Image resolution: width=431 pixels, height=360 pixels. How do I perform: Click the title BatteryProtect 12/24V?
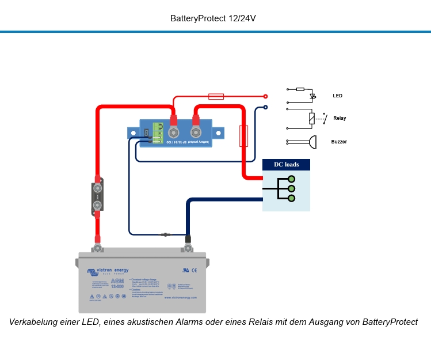tap(213, 18)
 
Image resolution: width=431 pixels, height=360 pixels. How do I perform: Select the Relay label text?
tap(340, 118)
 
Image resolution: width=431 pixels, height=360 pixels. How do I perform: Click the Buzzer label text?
tap(339, 142)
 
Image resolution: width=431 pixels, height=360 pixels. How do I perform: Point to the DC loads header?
tap(286, 165)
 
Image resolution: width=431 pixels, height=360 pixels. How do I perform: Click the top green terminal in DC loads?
tap(292, 179)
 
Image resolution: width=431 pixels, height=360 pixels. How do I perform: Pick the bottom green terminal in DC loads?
tap(292, 198)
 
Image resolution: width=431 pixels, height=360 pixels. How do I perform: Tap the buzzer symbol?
tap(311, 141)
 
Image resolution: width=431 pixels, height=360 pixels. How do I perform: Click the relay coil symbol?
tap(312, 119)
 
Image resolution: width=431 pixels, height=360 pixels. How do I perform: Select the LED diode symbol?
tap(313, 96)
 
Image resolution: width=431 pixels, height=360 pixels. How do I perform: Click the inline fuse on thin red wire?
tap(216, 96)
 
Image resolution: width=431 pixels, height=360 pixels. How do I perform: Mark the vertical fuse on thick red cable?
tap(243, 136)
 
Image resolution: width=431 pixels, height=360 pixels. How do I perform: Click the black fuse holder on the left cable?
tap(97, 197)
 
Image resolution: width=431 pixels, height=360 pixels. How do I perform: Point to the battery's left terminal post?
tap(98, 248)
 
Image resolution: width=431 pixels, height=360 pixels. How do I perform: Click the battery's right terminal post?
tap(187, 249)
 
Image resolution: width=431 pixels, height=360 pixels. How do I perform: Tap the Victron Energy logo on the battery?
tap(108, 270)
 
